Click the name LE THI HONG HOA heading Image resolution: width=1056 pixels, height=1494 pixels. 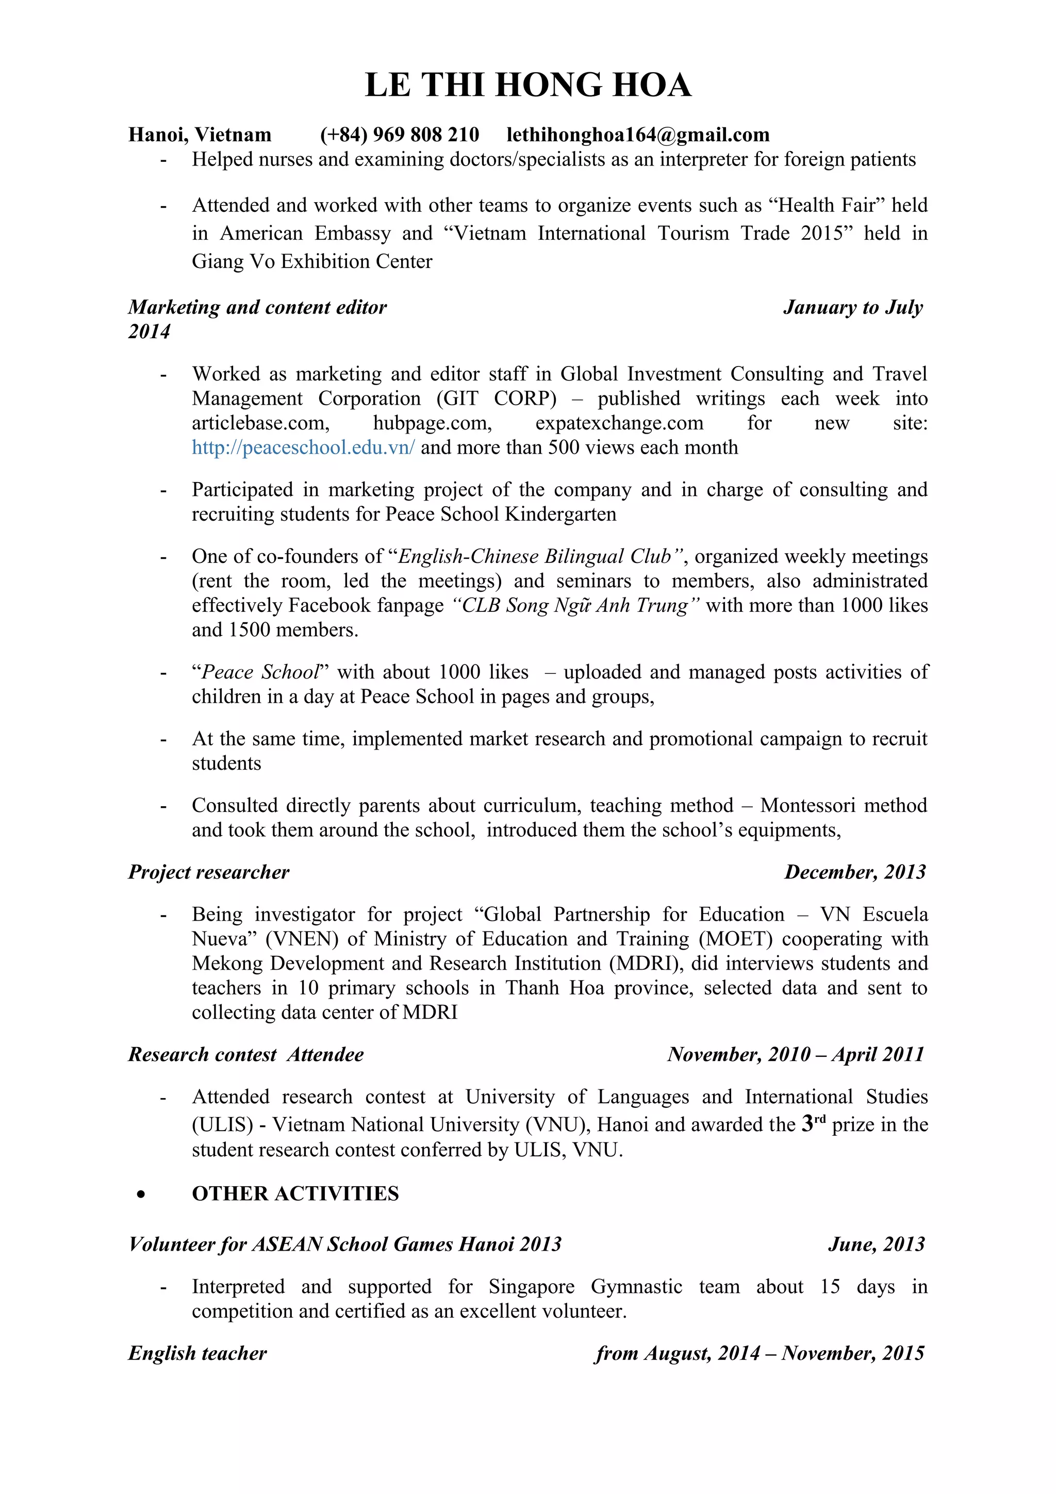point(527,85)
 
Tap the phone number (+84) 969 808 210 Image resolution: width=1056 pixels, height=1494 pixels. point(400,135)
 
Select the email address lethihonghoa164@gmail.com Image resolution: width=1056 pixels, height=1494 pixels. point(638,135)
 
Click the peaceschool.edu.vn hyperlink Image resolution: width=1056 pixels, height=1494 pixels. point(303,447)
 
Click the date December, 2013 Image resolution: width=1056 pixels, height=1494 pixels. point(854,872)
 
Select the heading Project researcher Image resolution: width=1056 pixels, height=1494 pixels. point(208,872)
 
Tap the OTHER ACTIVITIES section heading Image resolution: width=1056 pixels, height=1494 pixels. point(295,1193)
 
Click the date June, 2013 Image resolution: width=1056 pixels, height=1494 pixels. point(876,1244)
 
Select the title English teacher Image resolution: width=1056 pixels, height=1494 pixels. point(197,1353)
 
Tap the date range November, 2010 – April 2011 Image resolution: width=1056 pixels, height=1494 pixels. point(795,1054)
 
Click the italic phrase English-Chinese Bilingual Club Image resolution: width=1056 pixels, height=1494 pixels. point(534,556)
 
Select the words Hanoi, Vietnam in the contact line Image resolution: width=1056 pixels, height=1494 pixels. point(199,135)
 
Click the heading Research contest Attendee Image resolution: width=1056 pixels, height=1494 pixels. point(245,1054)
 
